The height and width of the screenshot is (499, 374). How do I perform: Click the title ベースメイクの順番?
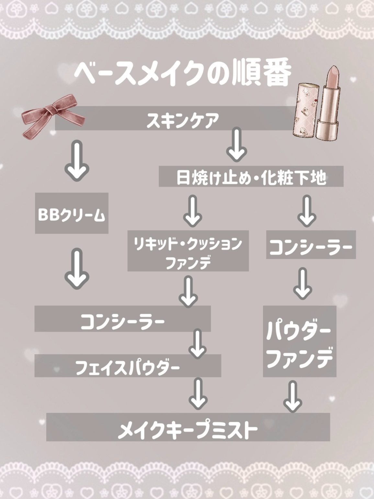181,74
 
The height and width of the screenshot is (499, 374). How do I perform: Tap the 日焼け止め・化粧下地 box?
251,177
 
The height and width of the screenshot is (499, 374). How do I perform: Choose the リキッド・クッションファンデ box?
188,251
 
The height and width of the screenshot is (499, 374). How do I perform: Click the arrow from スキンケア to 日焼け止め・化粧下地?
237,144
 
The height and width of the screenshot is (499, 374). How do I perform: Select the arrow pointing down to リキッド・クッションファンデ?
193,210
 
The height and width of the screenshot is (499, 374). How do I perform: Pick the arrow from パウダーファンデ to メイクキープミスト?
293,397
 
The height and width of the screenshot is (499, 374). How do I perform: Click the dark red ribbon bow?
53,113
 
